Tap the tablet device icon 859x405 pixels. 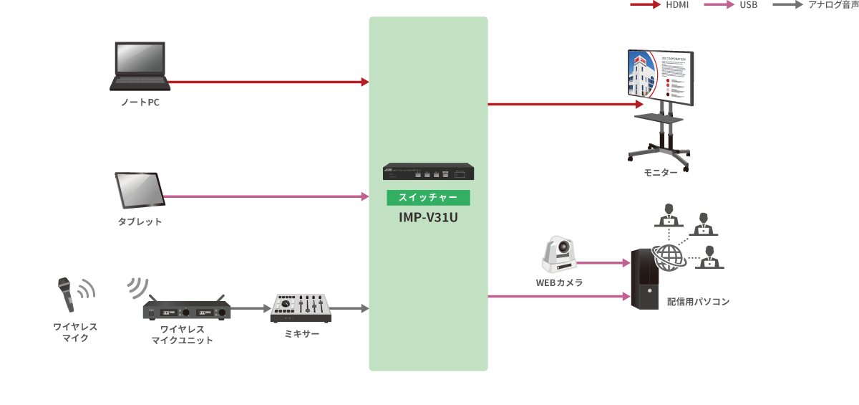pos(140,189)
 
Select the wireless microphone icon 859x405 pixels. pos(67,295)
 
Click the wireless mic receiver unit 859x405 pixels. pos(186,310)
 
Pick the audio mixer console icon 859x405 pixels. pos(301,309)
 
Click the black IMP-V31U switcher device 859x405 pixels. pos(428,173)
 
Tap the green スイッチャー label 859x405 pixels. pos(428,197)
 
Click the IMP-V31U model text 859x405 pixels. pos(428,216)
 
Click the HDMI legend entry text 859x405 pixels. pos(677,5)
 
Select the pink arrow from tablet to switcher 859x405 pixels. pos(265,196)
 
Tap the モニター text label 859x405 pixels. pos(661,173)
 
